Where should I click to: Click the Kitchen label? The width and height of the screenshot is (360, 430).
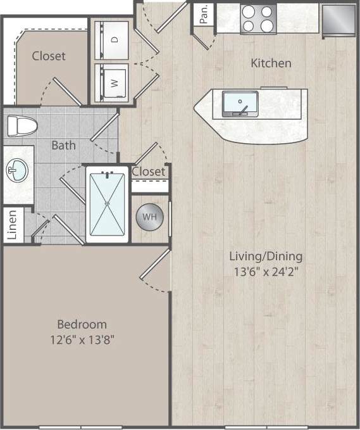[271, 63]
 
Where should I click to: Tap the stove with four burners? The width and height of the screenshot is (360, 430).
[258, 19]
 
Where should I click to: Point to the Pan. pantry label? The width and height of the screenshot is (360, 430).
[204, 15]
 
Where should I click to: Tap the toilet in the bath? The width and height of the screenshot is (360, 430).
[21, 125]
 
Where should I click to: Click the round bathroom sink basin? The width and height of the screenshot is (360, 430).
[15, 169]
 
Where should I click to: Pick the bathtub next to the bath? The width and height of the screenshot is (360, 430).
[107, 203]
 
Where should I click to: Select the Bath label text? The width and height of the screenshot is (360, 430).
[63, 145]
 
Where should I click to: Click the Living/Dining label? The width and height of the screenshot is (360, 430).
[266, 256]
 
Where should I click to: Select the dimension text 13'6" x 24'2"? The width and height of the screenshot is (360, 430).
[266, 272]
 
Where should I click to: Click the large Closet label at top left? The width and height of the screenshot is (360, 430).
[49, 56]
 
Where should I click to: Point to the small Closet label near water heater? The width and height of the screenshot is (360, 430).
[149, 172]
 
